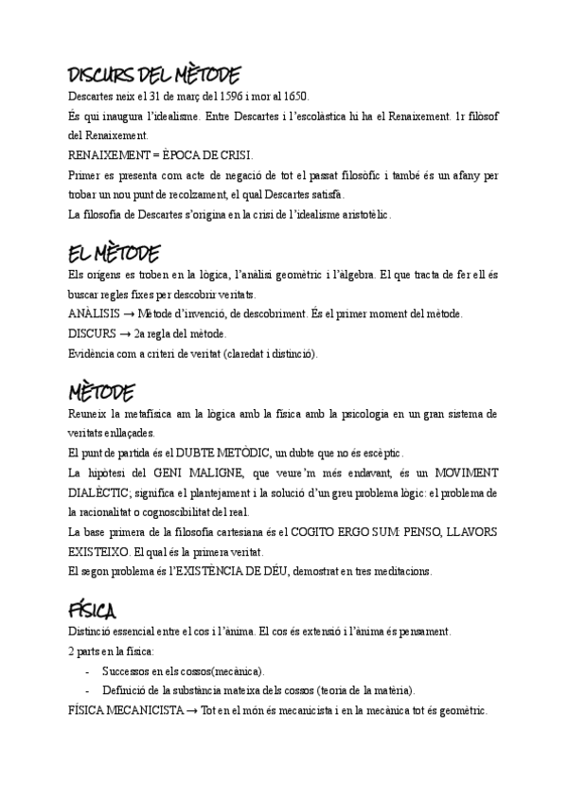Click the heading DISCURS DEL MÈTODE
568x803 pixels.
[x=154, y=75]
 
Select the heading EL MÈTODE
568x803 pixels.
[x=114, y=254]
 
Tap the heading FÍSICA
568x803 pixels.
[x=93, y=609]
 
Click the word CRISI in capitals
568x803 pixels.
[x=233, y=154]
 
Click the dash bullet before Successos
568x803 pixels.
[x=88, y=670]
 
